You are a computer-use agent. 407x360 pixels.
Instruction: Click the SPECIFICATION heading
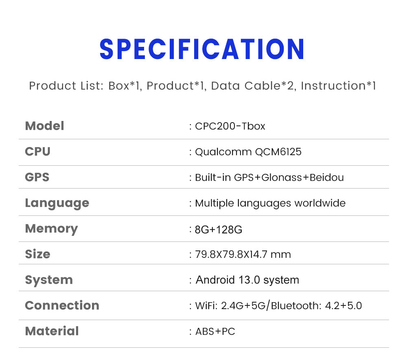pos(202,49)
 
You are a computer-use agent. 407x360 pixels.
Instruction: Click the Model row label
pos(44,126)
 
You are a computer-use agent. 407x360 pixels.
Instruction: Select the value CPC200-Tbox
pos(230,126)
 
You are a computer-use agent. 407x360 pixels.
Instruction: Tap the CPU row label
pos(37,151)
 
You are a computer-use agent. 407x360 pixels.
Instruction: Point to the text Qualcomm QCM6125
pos(248,152)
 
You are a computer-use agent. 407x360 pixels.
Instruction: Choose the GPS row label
pos(37,177)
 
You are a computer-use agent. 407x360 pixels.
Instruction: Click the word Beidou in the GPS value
pos(327,178)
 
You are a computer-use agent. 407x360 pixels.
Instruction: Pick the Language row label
pos(57,203)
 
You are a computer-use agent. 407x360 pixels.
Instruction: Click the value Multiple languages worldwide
pos(270,203)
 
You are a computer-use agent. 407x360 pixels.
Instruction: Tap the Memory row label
pos(51,228)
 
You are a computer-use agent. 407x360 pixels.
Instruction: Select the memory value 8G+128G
pos(219,230)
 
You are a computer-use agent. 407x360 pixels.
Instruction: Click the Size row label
pos(37,254)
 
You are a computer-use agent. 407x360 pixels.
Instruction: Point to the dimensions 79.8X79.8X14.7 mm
pos(243,255)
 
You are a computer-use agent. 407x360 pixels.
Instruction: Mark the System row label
pos(49,280)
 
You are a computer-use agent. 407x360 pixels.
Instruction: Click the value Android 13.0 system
pos(247,280)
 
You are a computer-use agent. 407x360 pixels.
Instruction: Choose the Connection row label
pos(62,305)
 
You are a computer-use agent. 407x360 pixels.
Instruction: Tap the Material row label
pos(52,331)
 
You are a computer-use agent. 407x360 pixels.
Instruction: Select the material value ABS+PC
pos(215,331)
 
